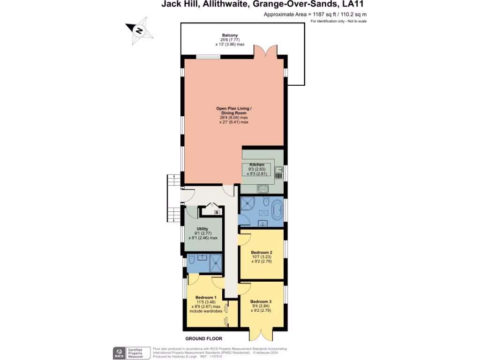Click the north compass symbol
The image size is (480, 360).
139,30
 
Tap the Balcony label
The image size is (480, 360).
230,35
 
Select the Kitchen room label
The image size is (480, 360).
257,165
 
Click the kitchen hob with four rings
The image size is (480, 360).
262,188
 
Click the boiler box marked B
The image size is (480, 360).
216,213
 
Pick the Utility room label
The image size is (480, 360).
202,229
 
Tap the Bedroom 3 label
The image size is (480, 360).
261,301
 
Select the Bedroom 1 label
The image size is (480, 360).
206,297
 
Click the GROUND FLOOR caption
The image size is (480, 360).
203,338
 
